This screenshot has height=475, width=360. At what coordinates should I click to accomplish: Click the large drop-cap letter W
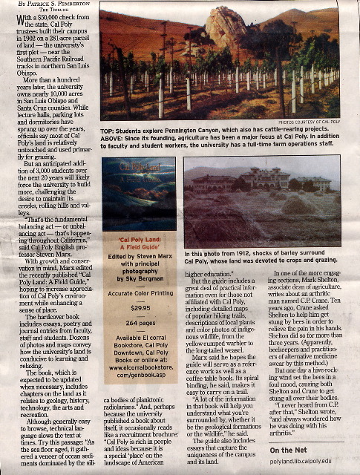22,19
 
